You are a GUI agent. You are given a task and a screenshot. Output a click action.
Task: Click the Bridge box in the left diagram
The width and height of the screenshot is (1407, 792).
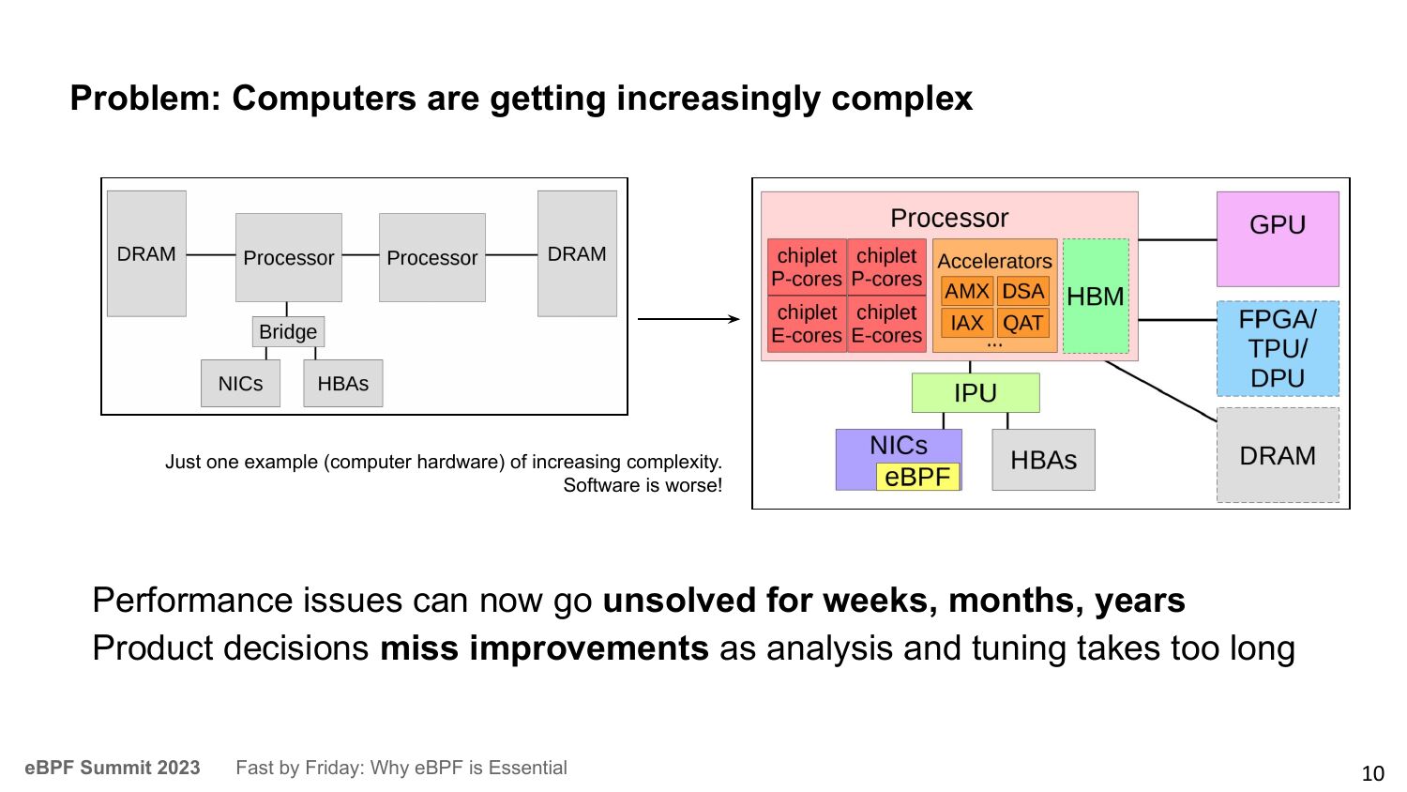288,331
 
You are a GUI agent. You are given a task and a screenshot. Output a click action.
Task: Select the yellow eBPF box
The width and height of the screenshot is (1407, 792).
917,477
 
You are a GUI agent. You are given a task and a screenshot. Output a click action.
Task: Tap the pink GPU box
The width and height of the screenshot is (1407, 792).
1278,239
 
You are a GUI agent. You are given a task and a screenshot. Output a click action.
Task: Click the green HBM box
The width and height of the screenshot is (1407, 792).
1096,296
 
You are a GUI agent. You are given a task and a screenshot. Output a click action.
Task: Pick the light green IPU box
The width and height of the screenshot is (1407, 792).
976,393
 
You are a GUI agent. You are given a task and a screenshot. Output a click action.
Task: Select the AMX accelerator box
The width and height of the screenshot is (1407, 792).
967,292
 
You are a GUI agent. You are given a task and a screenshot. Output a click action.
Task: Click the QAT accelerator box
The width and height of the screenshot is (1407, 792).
1022,323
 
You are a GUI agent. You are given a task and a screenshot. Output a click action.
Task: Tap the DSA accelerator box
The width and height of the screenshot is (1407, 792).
1022,292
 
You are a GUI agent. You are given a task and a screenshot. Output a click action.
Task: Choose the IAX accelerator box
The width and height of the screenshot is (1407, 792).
967,323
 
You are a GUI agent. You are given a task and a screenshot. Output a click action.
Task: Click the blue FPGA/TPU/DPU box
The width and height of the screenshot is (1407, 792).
1278,349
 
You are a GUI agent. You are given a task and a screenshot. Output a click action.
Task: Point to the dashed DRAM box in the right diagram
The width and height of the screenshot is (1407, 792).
1278,455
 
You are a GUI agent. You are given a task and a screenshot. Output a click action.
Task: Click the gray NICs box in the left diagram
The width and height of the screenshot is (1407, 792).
240,384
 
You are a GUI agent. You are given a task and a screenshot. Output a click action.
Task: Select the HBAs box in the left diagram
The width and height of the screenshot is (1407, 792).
343,384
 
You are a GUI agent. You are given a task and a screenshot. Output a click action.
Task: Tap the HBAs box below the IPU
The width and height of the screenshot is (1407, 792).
1043,460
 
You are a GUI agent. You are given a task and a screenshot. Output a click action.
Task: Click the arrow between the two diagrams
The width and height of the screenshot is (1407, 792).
688,319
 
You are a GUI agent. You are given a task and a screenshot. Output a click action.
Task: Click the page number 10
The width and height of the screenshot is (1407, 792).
1372,773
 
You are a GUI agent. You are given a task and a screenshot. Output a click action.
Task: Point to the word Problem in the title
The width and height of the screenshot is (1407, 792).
145,99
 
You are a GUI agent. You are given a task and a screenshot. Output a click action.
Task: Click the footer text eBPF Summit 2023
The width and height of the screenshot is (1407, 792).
113,768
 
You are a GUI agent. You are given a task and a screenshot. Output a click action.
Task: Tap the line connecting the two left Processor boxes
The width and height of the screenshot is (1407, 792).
360,254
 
